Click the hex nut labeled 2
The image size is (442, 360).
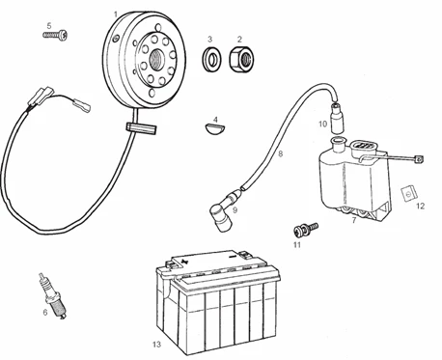pos(240,59)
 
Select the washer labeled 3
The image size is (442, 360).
pos(212,59)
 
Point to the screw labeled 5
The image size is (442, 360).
pos(56,35)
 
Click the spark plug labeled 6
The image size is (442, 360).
pos(53,297)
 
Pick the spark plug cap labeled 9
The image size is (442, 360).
pos(223,210)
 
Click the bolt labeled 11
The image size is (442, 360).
pos(305,229)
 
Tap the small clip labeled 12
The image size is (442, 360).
pos(409,193)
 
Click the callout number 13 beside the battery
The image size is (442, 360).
pos(156,345)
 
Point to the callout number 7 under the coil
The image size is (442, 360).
pos(354,220)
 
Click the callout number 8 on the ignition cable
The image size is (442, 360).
pos(281,154)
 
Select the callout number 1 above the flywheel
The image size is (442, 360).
pos(116,14)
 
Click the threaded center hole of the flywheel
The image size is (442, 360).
pos(157,59)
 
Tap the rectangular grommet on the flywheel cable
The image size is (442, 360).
pos(141,128)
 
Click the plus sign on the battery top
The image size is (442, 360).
pos(184,261)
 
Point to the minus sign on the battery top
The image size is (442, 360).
pos(232,258)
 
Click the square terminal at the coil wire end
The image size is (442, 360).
pos(419,159)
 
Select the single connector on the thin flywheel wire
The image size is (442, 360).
pos(82,105)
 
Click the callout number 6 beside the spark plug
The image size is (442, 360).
pos(45,312)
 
